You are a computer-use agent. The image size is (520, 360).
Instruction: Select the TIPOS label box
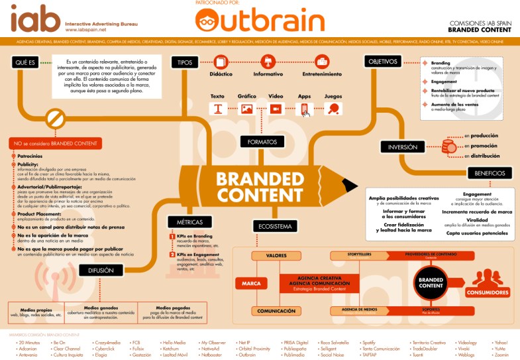[183, 62]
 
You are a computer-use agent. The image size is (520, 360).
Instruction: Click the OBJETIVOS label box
[382, 62]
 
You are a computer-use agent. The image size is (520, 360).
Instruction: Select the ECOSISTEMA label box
[272, 227]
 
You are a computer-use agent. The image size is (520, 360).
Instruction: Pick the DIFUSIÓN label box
[101, 270]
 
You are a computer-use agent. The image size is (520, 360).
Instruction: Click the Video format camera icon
[275, 109]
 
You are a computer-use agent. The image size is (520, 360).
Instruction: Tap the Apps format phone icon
[304, 109]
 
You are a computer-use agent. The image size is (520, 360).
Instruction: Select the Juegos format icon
[333, 109]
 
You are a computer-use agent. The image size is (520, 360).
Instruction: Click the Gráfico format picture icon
[246, 109]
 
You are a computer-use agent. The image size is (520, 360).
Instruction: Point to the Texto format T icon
[217, 109]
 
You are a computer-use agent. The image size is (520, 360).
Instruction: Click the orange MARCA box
[251, 282]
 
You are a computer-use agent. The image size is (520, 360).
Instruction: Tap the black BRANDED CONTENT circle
[431, 282]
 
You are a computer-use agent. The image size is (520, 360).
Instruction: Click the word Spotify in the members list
[369, 342]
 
